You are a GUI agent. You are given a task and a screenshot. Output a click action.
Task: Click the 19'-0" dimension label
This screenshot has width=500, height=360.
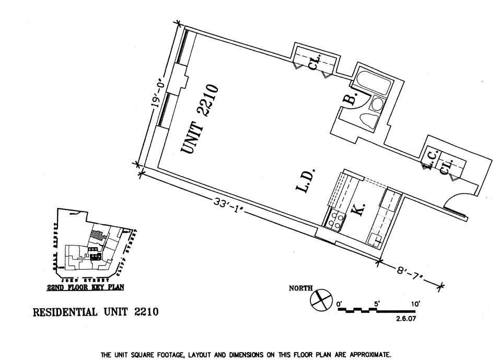pos(159,95)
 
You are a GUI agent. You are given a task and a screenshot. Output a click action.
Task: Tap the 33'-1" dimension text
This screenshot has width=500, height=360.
pos(227,203)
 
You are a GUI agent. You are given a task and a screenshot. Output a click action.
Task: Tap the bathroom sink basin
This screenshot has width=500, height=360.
pos(377,104)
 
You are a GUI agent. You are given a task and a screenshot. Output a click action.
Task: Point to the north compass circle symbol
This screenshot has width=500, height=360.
pos(321,300)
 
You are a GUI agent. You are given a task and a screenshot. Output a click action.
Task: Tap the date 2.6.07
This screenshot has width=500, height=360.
pos(406,317)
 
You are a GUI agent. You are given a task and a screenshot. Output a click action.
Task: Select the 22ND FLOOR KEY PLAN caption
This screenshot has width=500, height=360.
pos(86,286)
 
